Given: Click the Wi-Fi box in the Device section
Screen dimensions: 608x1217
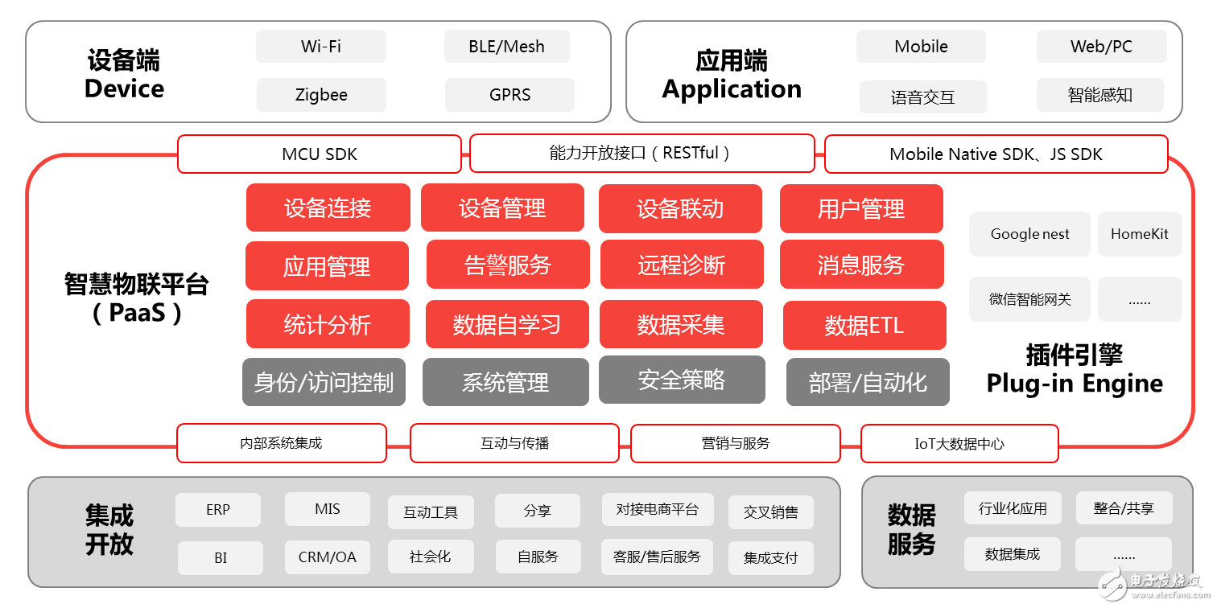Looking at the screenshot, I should pyautogui.click(x=320, y=47).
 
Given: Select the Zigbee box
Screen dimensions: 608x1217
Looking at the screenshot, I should pyautogui.click(x=320, y=95).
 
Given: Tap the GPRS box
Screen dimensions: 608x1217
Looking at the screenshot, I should pyautogui.click(x=509, y=95).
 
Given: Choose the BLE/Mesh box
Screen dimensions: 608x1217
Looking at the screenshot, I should pyautogui.click(x=506, y=47).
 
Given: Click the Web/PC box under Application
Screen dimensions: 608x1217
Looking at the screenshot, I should pyautogui.click(x=1100, y=47).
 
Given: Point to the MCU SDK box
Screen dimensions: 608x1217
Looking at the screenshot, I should pyautogui.click(x=319, y=154).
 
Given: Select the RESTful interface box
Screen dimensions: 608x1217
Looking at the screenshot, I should pyautogui.click(x=642, y=153).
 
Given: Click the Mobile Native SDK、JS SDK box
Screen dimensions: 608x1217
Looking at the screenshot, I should pyautogui.click(x=996, y=154).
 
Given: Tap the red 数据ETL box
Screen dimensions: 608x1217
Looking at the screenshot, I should pyautogui.click(x=864, y=325).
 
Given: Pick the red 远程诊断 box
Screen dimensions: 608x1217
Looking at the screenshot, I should pyautogui.click(x=681, y=265).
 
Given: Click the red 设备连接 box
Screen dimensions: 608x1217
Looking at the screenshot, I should pyautogui.click(x=328, y=208).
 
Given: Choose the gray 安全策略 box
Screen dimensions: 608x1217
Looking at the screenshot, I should pyautogui.click(x=681, y=380).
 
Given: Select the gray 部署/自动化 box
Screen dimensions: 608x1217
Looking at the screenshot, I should pyautogui.click(x=867, y=382).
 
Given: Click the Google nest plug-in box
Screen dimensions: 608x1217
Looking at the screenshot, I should pyautogui.click(x=1029, y=234).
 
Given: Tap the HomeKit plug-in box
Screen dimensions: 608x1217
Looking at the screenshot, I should pyautogui.click(x=1139, y=234).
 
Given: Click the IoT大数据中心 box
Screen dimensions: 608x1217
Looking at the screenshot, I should pyautogui.click(x=959, y=443).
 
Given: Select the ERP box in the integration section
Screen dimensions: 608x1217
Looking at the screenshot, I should pyautogui.click(x=217, y=510).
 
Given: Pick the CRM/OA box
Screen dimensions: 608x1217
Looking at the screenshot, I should pyautogui.click(x=327, y=557).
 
